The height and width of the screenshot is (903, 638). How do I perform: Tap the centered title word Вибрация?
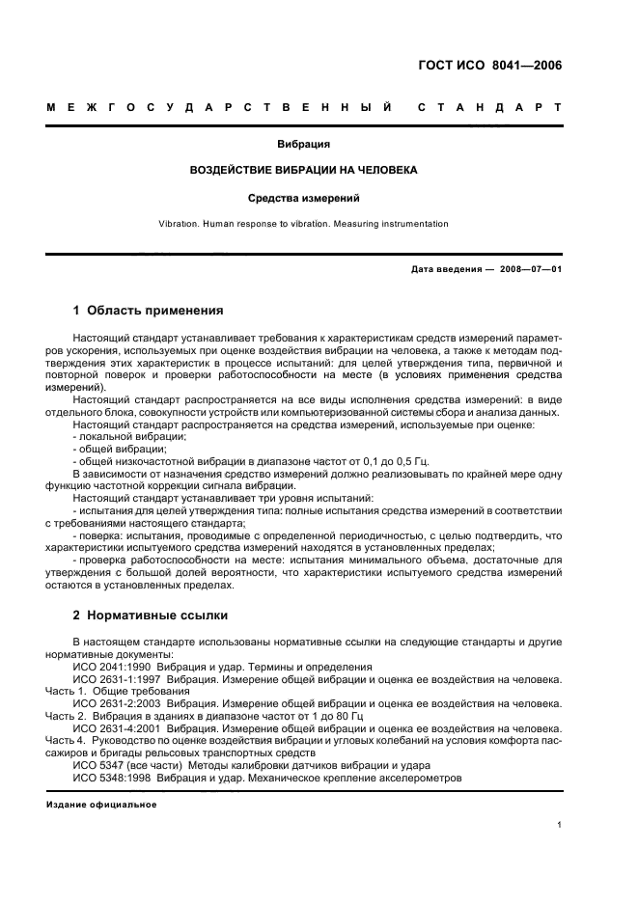click(x=304, y=145)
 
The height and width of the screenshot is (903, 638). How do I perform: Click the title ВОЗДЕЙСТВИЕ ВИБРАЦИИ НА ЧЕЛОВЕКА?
click(x=304, y=171)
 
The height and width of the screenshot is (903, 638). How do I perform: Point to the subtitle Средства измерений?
click(x=304, y=199)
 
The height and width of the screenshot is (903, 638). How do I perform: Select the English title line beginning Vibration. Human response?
click(x=304, y=224)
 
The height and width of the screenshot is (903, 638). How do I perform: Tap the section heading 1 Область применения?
click(x=149, y=311)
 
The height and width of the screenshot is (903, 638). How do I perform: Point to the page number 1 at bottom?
click(x=560, y=825)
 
